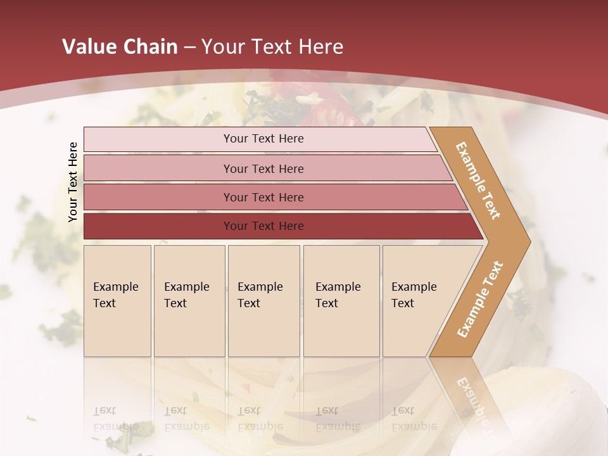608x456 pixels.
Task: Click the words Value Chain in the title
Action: pos(120,47)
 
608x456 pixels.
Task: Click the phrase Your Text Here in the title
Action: pos(272,47)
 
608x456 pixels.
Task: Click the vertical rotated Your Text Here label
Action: pos(73,182)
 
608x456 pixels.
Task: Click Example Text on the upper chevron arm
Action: pos(478,180)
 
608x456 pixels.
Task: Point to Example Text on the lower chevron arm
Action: pos(480,299)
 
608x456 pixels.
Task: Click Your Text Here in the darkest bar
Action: pos(263,226)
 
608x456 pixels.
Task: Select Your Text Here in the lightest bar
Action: pos(263,139)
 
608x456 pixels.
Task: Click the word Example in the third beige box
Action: pos(260,287)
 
